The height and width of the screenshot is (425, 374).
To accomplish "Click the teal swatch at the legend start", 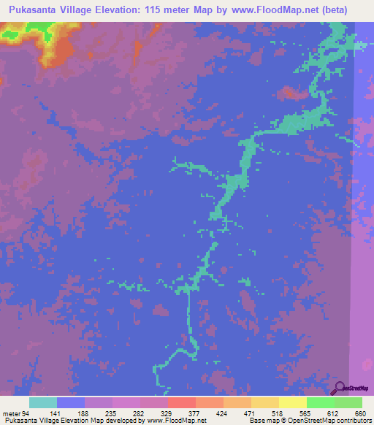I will pos(43,402).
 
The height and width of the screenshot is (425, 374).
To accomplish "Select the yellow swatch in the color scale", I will pos(293,402).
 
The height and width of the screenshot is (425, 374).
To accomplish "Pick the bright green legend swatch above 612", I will pos(321,402).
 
